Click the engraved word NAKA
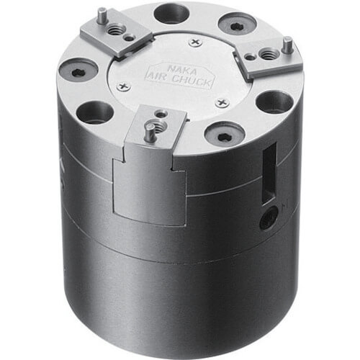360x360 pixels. click(182, 70)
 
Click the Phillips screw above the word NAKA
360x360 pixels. click(196, 42)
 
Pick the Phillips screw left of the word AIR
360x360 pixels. click(124, 86)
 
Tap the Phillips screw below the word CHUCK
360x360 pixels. click(222, 102)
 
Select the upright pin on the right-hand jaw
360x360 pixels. click(287, 45)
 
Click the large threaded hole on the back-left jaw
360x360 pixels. click(116, 30)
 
